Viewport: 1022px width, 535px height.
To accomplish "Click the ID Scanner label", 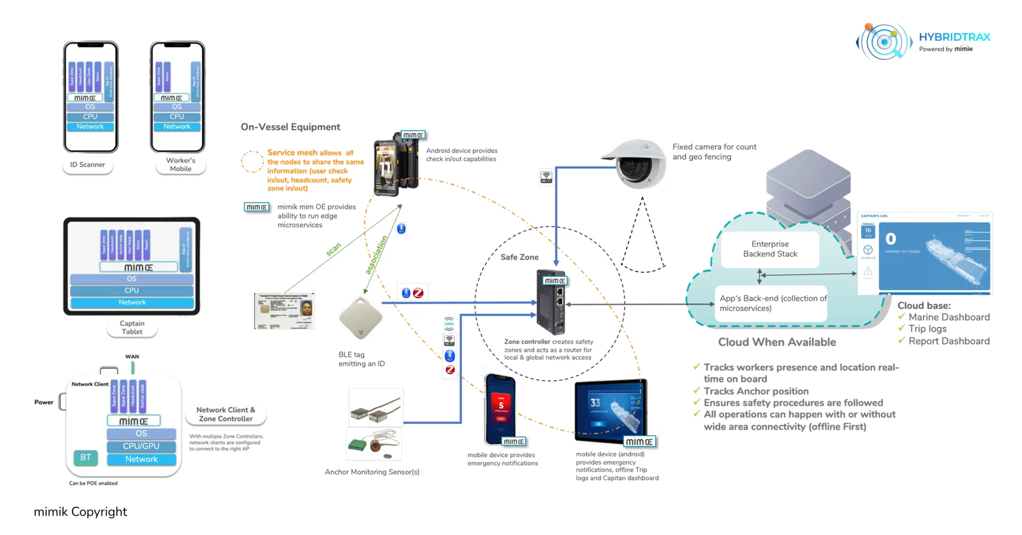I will click(87, 165).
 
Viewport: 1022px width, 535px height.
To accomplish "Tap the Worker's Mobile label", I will click(181, 165).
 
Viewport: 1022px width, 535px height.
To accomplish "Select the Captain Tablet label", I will click(132, 328).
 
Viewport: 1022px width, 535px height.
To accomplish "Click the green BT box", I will click(86, 458).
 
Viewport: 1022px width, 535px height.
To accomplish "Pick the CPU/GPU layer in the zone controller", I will click(141, 446).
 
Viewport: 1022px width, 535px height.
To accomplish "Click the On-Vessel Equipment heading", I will click(290, 127).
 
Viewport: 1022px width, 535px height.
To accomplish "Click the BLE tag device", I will click(360, 318).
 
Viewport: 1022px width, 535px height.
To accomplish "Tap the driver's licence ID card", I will click(284, 311).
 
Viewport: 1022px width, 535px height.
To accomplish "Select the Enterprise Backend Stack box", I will click(770, 249).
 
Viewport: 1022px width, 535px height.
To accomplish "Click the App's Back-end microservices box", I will click(771, 303).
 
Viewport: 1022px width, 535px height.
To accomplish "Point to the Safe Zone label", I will click(519, 258).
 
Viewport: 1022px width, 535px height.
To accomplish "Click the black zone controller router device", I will click(551, 302).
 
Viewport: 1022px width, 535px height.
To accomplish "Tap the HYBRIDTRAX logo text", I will click(954, 37).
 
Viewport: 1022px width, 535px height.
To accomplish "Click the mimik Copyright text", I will click(80, 512).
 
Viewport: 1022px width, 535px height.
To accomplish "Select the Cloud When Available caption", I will click(777, 342).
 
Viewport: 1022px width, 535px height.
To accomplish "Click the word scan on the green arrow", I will click(333, 249).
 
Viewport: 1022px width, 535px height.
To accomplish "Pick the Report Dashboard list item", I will click(949, 341).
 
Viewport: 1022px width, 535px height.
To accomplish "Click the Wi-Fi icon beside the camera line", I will click(546, 177).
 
